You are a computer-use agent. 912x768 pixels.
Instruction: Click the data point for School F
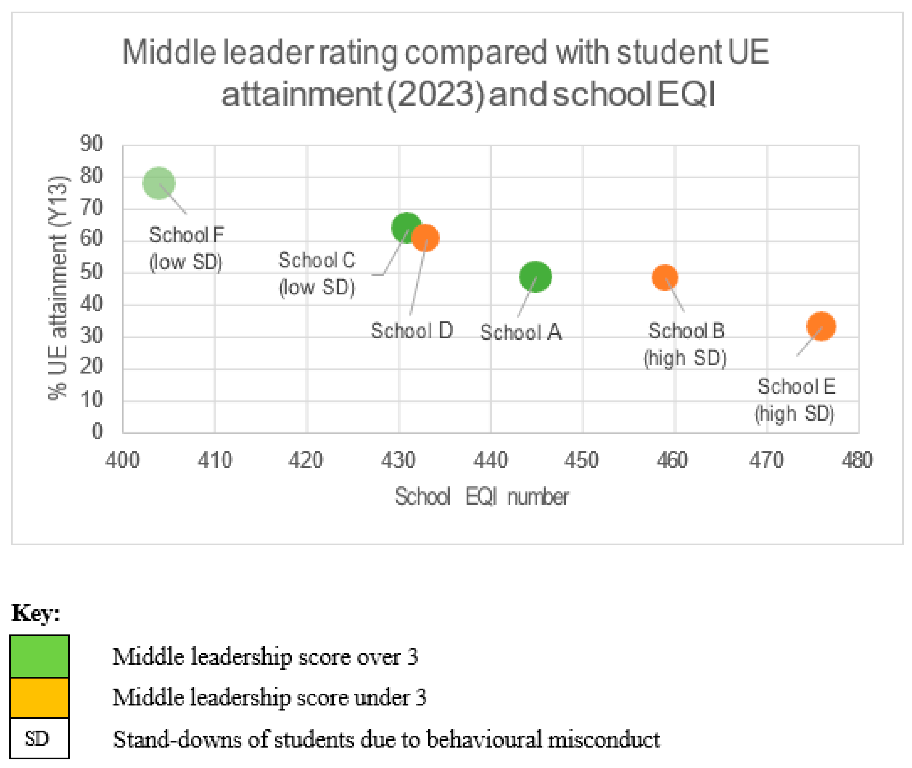pos(159,183)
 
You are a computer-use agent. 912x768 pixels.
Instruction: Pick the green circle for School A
pos(535,277)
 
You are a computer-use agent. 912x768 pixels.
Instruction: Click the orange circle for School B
pos(664,277)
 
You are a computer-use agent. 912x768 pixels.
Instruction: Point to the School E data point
pos(821,326)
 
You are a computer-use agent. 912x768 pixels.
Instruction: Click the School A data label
pos(521,333)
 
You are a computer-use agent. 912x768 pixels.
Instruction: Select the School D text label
pos(412,331)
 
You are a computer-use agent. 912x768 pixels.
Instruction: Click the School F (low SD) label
pos(186,249)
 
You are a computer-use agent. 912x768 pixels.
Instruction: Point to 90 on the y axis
pos(91,144)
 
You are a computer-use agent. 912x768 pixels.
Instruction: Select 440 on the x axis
pos(491,460)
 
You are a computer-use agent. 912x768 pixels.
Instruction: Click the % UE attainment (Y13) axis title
pos(58,288)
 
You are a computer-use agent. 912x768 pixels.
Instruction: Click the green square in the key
pos(40,656)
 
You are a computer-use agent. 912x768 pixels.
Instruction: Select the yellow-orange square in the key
pos(40,697)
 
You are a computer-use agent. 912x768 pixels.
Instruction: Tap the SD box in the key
pos(40,738)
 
